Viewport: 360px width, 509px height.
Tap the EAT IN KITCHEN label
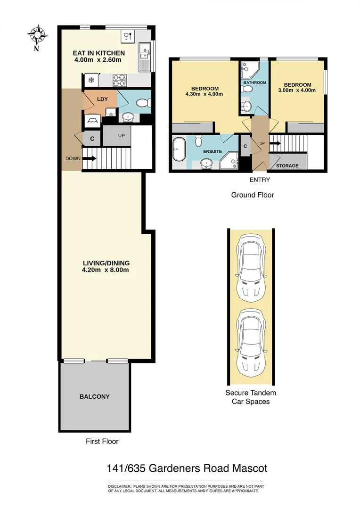click(99, 53)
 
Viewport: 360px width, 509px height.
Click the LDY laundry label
click(101, 99)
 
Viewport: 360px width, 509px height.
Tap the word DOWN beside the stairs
click(73, 159)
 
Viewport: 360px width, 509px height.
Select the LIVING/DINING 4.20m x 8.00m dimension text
click(106, 270)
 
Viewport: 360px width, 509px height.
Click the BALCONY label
click(94, 396)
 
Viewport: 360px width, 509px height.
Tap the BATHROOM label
click(254, 82)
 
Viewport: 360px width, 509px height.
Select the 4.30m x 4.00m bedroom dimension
click(205, 94)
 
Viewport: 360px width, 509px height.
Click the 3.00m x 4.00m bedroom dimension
click(297, 90)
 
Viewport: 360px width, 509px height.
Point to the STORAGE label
click(287, 166)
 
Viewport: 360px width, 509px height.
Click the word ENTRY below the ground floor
click(260, 180)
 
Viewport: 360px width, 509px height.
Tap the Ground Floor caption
click(252, 195)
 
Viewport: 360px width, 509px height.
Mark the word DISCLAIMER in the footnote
click(120, 486)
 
